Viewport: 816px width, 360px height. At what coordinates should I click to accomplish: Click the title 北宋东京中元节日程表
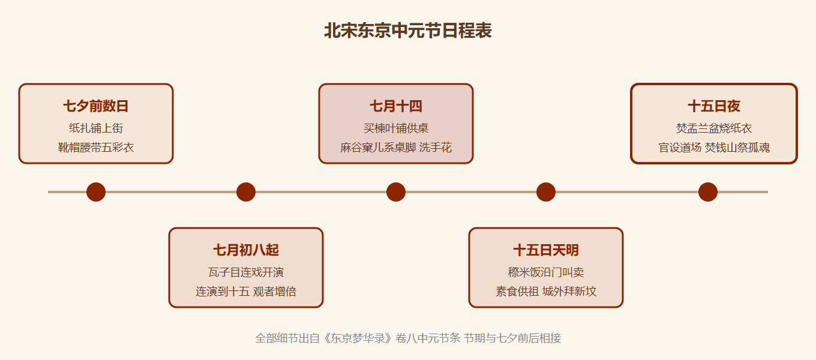pos(408,31)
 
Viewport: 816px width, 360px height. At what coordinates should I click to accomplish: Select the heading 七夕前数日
pos(96,106)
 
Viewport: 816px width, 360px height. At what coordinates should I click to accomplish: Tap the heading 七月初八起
pos(246,250)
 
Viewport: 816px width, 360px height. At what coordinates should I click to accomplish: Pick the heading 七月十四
pos(396,106)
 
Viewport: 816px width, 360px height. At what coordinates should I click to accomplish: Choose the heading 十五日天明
pos(546,250)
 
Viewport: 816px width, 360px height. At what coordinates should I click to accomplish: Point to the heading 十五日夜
pos(714,106)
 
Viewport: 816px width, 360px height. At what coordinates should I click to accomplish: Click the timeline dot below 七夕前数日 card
pos(96,192)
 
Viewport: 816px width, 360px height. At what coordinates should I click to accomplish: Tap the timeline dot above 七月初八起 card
pos(246,192)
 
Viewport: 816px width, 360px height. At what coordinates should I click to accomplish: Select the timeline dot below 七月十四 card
pos(396,192)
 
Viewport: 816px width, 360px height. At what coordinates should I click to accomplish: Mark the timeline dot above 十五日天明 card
pos(546,192)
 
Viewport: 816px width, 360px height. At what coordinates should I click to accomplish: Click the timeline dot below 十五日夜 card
pos(708,192)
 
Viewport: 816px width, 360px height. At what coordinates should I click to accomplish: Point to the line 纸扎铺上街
pos(96,128)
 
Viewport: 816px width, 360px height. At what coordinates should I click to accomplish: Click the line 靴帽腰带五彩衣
pos(96,148)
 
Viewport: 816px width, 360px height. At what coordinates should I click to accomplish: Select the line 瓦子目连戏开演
pos(246,272)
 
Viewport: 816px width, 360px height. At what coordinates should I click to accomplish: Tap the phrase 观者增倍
pos(275,292)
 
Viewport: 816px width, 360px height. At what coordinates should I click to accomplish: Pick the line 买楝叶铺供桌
pos(396,128)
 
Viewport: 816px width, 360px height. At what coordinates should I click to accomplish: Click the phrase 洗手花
pos(436,148)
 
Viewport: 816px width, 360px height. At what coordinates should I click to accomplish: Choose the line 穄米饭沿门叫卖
pos(546,272)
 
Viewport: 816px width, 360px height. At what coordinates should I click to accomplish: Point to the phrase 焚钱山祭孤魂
pos(737,148)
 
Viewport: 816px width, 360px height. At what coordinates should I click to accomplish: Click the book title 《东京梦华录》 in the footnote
pos(357,338)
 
